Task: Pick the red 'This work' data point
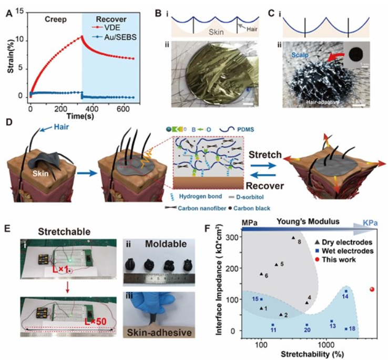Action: (x=372, y=289)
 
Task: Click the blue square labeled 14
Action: (x=345, y=291)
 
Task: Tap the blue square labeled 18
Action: (x=345, y=329)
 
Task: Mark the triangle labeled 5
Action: (x=277, y=265)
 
